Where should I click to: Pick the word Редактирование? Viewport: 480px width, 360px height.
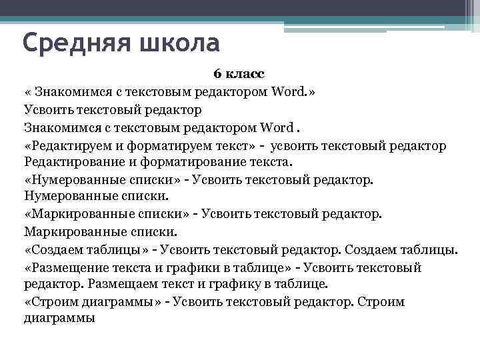pos(71,162)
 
